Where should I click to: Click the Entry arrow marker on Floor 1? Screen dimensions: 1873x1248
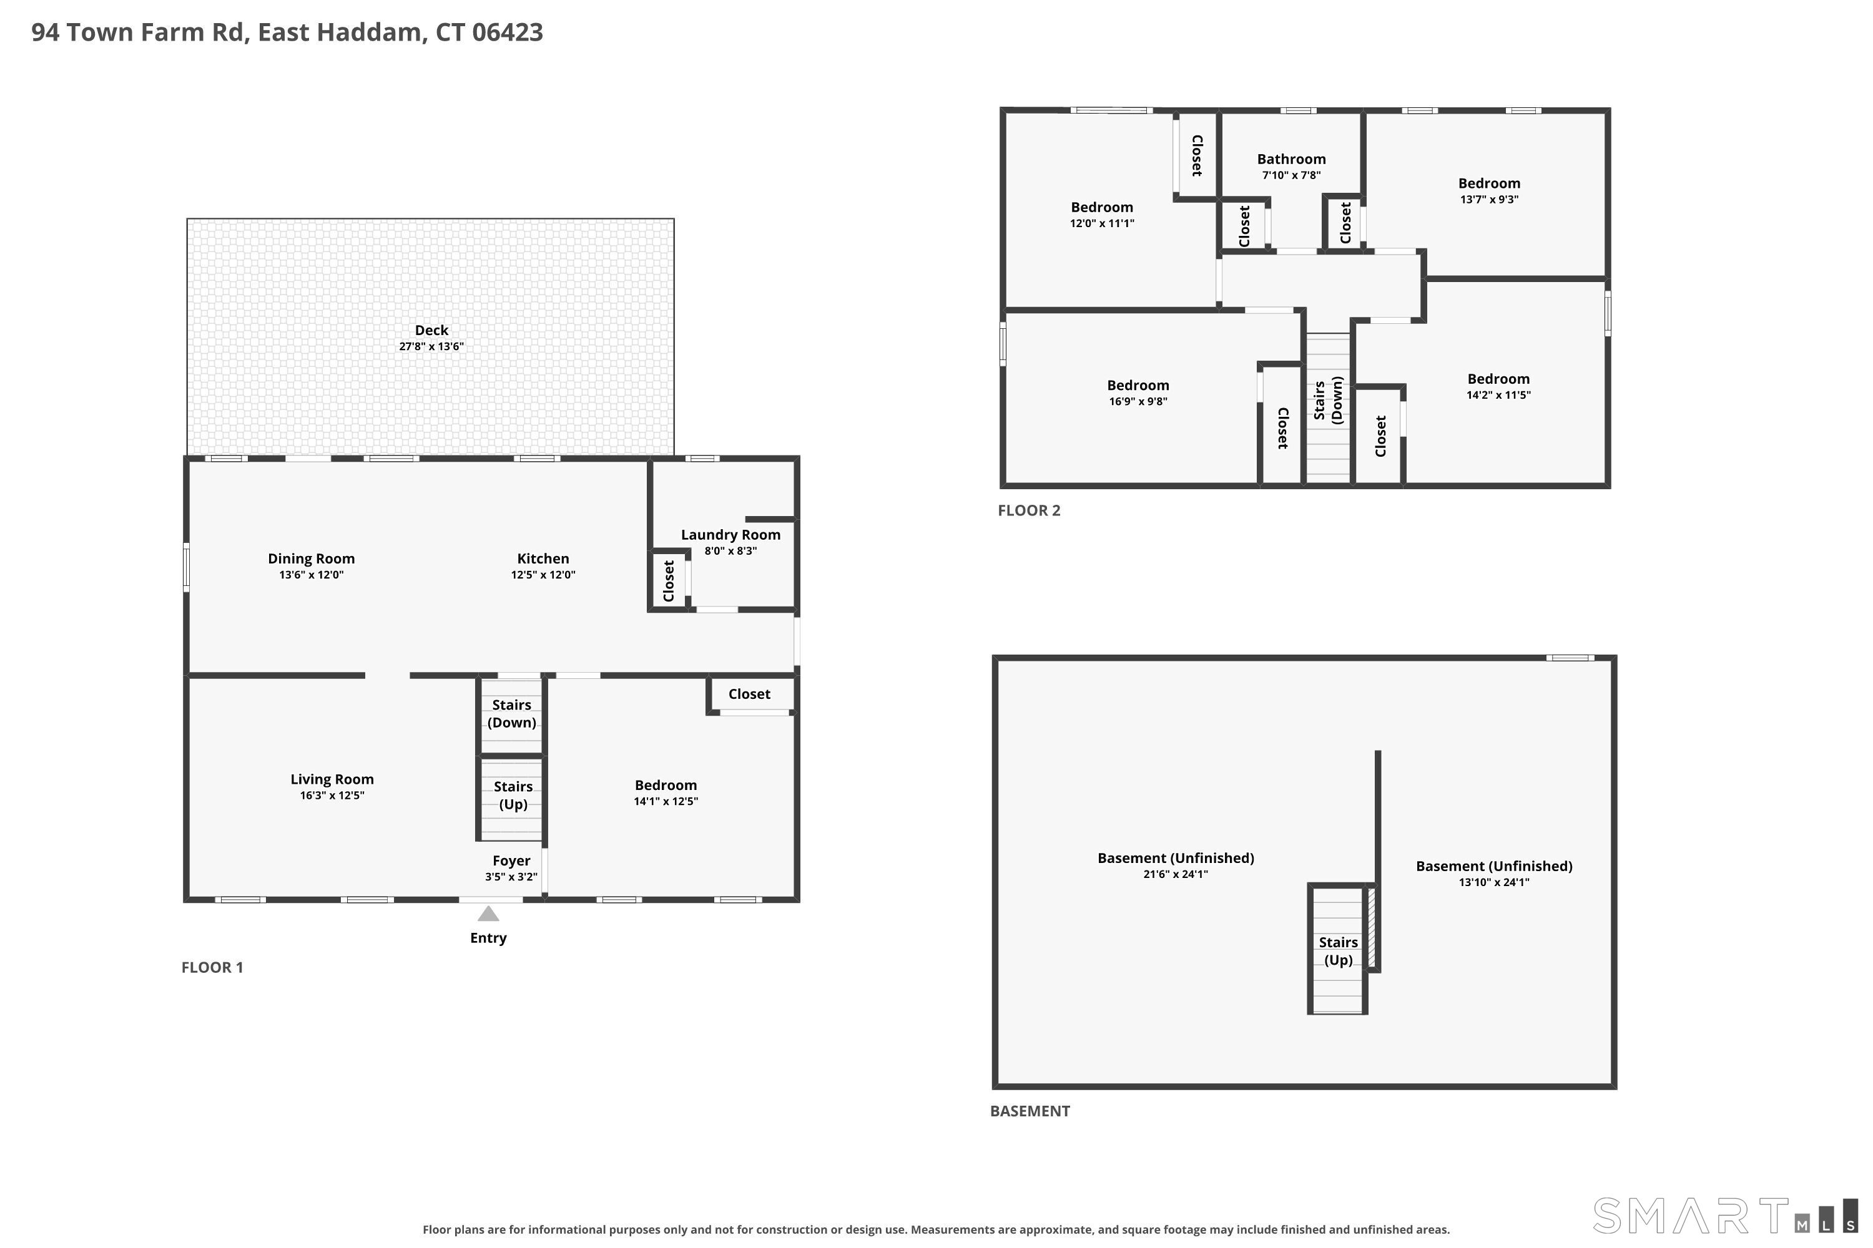[488, 914]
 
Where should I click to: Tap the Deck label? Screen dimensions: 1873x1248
[431, 330]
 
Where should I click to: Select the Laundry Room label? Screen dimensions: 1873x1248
[730, 535]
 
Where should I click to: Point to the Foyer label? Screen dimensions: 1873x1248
[511, 860]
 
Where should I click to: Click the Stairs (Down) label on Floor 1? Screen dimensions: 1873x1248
[511, 713]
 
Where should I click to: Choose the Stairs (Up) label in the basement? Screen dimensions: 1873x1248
[1338, 950]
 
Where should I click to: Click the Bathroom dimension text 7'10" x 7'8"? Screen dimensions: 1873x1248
[1291, 175]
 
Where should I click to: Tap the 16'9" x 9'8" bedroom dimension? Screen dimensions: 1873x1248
[1138, 401]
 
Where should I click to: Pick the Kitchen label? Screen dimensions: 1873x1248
[543, 558]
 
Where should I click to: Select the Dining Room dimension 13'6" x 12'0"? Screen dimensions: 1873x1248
[312, 575]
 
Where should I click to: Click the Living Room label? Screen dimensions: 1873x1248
[332, 779]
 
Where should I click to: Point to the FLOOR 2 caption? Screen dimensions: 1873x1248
[1029, 510]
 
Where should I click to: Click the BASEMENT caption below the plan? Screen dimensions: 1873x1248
[1030, 1111]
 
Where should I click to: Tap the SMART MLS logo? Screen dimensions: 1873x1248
[1726, 1216]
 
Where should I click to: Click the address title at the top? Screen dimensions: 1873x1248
[287, 32]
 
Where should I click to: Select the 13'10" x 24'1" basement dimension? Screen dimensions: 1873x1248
[1494, 882]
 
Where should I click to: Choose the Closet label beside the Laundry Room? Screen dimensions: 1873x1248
[669, 581]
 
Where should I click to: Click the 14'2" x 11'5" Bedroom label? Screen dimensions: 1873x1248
[1499, 379]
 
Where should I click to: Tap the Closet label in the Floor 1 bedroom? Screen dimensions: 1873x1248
[749, 694]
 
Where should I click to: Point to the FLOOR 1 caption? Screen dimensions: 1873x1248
[212, 967]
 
